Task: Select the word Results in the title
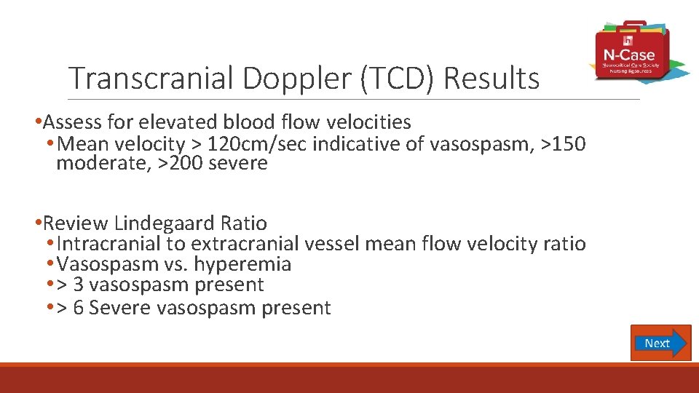(491, 79)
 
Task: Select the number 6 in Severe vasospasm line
(79, 308)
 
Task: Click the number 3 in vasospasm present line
(79, 285)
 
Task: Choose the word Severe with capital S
(118, 308)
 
